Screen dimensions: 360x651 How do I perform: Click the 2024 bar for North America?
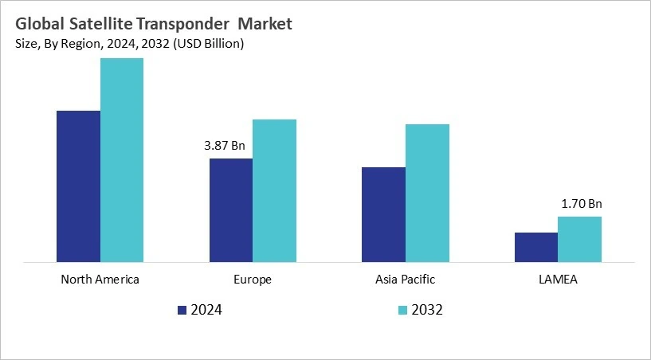(78, 186)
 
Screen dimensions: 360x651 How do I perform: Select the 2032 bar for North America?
(122, 159)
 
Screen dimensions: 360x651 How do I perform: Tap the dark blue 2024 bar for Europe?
(231, 209)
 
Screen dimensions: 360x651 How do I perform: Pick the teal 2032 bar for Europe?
(274, 190)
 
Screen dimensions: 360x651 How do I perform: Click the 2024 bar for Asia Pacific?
(383, 213)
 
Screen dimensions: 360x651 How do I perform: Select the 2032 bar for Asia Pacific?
(427, 193)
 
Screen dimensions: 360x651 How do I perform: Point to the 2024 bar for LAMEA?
(536, 247)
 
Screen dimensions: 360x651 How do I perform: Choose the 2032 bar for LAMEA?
(579, 239)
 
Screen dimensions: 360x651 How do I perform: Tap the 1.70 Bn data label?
(582, 204)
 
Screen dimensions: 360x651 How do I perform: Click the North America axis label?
(100, 280)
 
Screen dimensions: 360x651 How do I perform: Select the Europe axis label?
(253, 280)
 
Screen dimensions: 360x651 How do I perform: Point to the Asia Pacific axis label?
(405, 280)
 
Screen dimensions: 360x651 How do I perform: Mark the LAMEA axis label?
(558, 280)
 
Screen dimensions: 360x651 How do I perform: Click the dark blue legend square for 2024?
(182, 310)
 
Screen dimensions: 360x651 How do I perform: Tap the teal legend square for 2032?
(402, 310)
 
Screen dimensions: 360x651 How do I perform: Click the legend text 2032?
(427, 310)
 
